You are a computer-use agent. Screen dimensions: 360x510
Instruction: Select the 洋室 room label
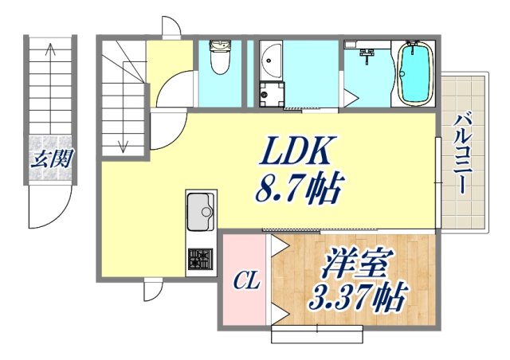(355, 263)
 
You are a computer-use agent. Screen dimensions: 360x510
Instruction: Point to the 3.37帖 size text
(355, 299)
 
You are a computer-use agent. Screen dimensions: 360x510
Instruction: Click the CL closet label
(245, 280)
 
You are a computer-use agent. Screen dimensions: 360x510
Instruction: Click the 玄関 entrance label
(51, 158)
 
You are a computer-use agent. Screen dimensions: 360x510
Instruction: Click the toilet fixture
(218, 59)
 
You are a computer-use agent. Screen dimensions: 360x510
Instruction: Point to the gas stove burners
(200, 259)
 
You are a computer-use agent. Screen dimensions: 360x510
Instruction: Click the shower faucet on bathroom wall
(368, 55)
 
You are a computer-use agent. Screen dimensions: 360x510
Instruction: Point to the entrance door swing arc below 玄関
(49, 209)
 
